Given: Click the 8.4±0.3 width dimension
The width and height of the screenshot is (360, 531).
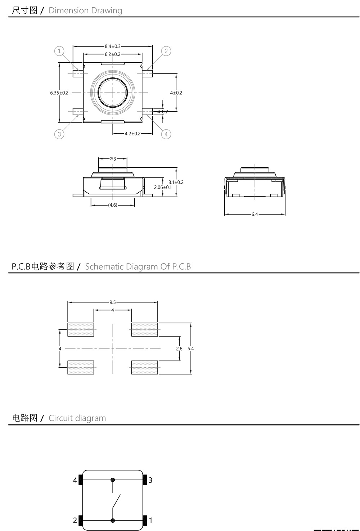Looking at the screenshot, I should point(113,46).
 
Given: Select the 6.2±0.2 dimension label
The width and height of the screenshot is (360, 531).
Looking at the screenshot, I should point(113,54).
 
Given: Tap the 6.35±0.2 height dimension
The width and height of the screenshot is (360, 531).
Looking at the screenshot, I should point(59,93).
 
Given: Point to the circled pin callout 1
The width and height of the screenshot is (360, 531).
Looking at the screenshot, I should point(59,51).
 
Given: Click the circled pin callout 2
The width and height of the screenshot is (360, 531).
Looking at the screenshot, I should point(166,51).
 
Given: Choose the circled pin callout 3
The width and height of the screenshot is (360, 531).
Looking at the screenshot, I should point(59,134).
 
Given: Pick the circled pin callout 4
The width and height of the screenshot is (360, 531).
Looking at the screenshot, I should point(166,134).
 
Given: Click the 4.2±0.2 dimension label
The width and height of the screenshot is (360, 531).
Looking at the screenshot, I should point(132,134).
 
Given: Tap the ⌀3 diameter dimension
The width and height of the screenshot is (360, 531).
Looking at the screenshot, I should point(113,159).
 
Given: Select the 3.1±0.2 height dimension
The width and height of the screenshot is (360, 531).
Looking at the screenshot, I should point(176,182).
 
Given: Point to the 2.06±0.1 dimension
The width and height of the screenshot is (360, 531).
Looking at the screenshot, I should point(163,188).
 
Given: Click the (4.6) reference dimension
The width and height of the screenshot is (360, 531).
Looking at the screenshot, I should point(113,205).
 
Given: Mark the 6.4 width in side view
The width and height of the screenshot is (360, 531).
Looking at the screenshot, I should point(255,215).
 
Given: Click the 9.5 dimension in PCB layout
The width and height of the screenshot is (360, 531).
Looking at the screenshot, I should point(113,302).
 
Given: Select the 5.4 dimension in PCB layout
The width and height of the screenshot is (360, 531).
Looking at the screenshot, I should point(191,348).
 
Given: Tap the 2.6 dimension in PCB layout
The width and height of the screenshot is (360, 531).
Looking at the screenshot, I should point(179,348).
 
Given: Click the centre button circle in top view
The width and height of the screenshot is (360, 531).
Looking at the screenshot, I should point(113,93).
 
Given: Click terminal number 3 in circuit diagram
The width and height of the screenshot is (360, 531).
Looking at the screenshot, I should point(150,480).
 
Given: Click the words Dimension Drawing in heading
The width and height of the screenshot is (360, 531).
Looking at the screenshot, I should point(85,10).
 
